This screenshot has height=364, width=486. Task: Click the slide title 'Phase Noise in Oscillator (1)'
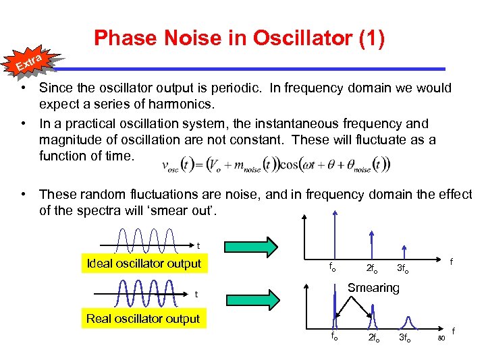[x=240, y=38]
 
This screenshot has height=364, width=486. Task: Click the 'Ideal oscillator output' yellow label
[x=143, y=264]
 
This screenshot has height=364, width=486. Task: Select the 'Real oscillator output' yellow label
[x=143, y=319]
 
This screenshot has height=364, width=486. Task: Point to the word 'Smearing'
[x=373, y=288]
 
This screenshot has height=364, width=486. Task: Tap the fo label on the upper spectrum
[x=332, y=267]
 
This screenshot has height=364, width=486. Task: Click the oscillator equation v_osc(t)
[x=277, y=164]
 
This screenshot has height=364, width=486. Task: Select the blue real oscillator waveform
[x=142, y=293]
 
